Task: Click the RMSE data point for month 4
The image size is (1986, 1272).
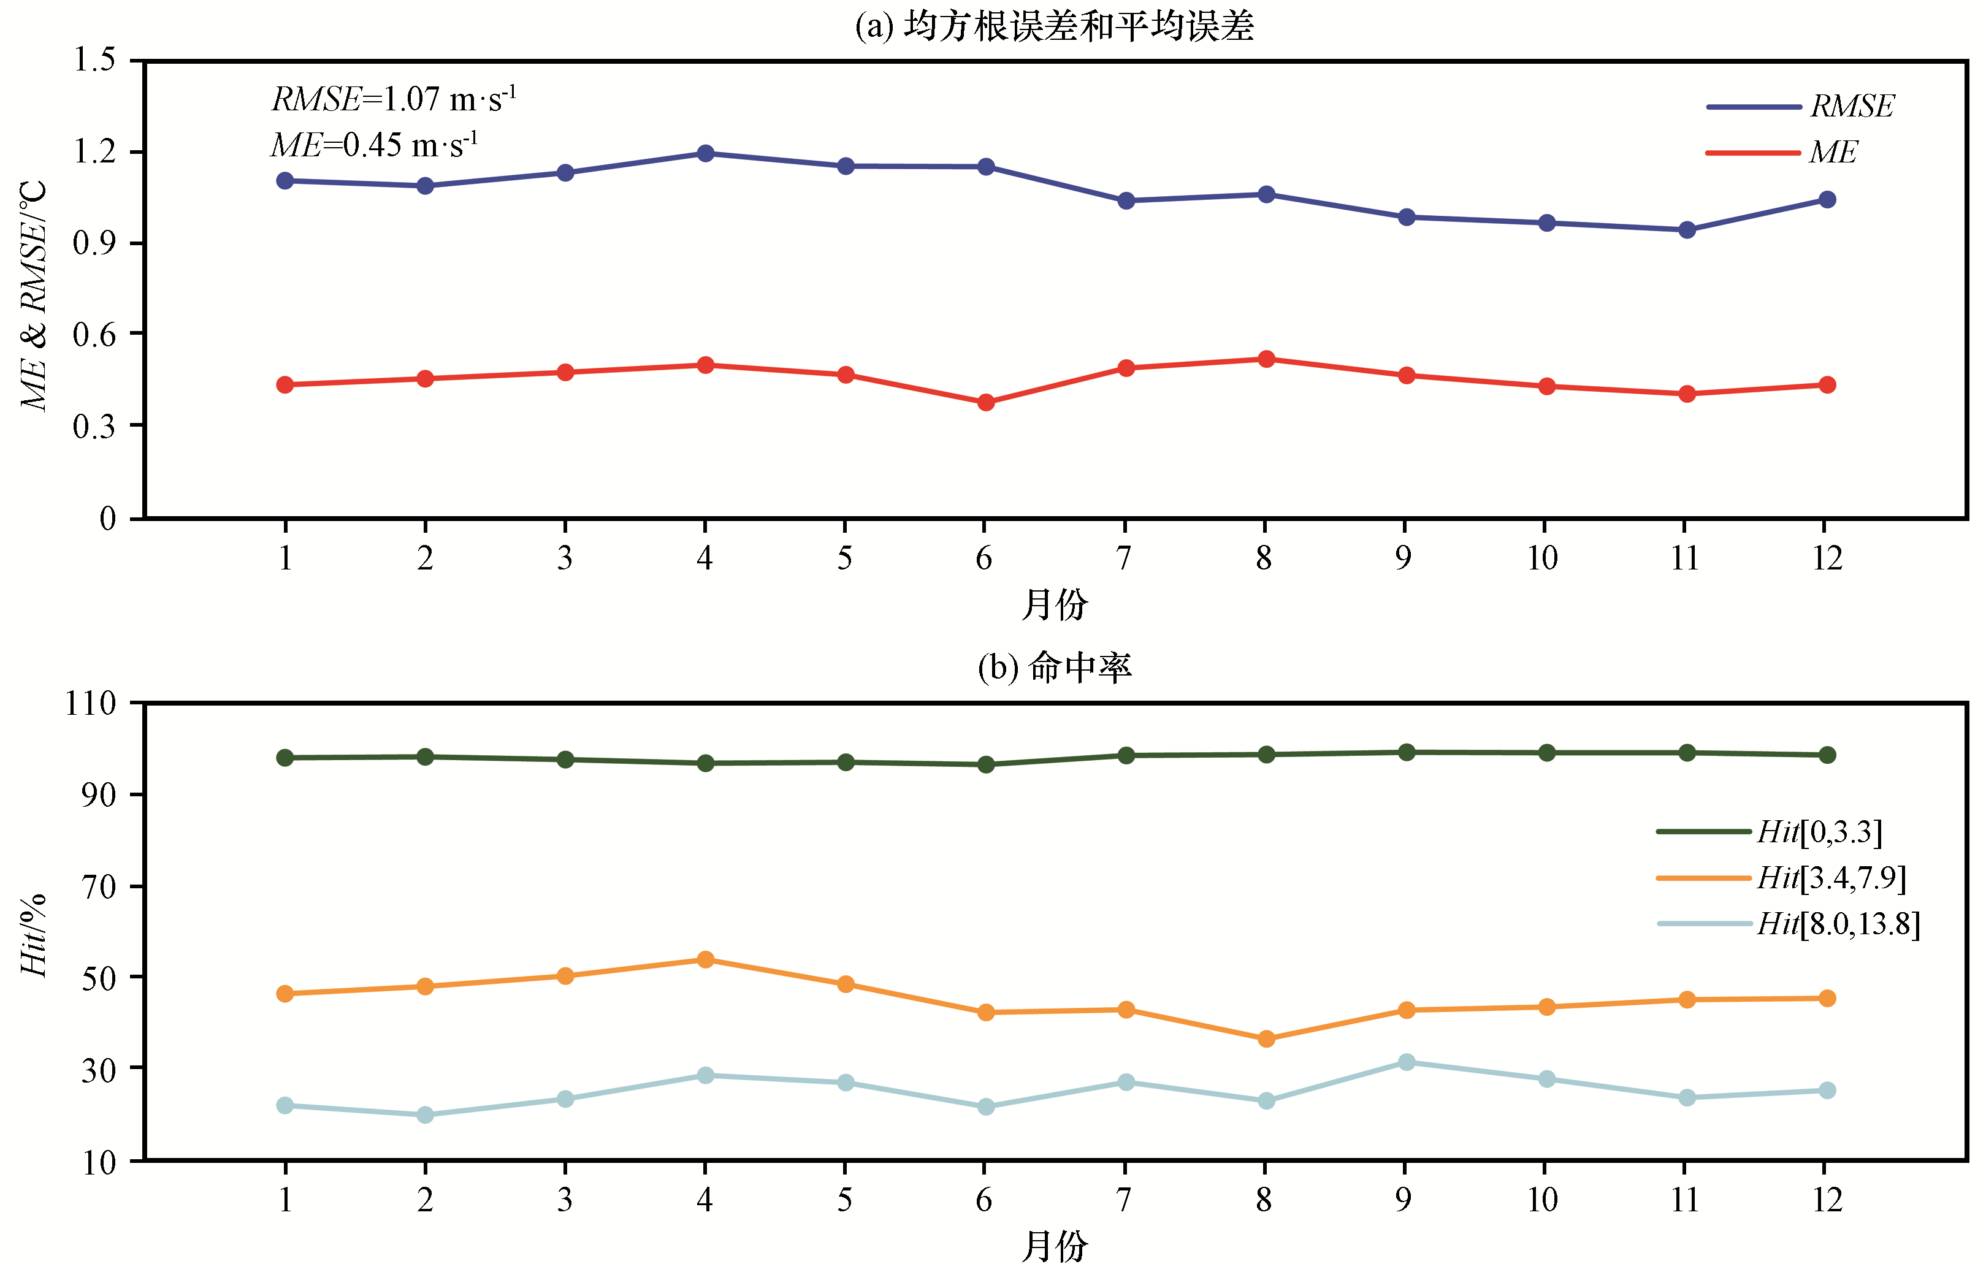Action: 705,154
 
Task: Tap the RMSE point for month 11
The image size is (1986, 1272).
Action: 1687,230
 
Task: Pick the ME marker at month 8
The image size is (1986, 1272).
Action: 1266,359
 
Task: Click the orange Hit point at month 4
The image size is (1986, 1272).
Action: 705,960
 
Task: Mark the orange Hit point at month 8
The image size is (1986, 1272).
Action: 1266,1039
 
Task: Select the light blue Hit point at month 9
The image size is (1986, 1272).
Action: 1406,1062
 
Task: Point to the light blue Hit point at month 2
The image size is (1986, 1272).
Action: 425,1115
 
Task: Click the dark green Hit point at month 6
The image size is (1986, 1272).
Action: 985,765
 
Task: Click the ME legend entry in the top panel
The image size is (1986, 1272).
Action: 1832,153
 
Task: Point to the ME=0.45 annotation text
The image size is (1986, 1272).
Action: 374,145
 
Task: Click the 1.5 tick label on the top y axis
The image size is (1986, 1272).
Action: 94,60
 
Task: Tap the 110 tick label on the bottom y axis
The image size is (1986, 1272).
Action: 90,704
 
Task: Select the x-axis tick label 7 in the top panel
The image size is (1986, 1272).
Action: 1123,559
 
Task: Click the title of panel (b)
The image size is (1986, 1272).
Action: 1054,668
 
